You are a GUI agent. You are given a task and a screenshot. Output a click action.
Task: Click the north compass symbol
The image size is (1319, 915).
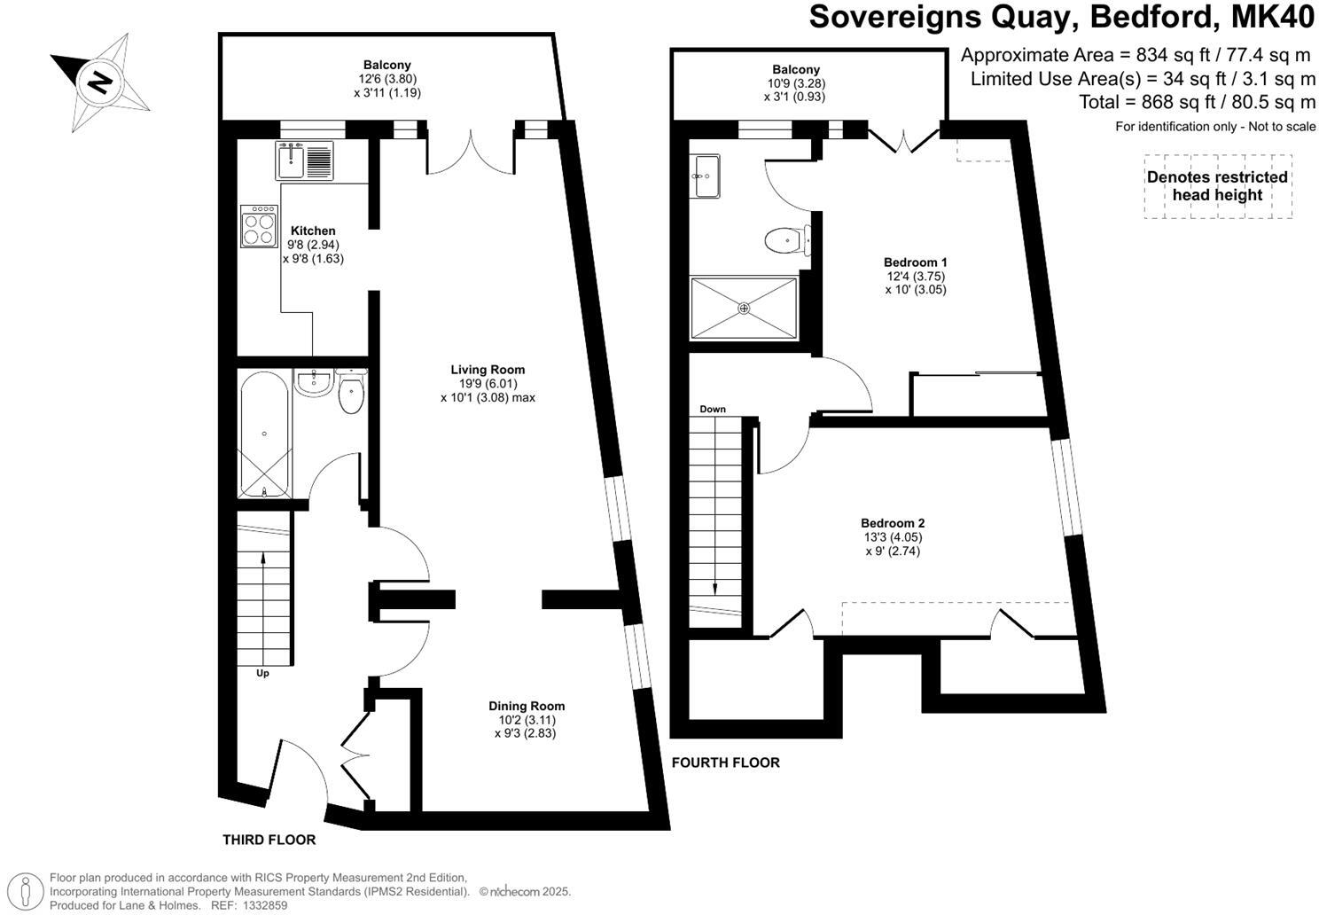[x=99, y=82]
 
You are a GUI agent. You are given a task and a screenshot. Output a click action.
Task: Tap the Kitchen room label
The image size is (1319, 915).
[x=313, y=231]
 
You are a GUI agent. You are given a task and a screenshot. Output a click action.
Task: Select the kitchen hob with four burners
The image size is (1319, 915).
[x=257, y=225]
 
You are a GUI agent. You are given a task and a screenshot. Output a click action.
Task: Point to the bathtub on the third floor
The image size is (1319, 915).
[x=264, y=434]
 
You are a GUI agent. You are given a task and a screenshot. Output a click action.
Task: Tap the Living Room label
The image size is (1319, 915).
[x=488, y=370]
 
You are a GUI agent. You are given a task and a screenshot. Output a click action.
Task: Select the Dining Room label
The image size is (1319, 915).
[x=526, y=706]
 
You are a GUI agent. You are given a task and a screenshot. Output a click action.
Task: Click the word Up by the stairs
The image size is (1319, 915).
[x=262, y=673]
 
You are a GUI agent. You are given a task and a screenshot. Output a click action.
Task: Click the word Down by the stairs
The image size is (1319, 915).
[x=713, y=409]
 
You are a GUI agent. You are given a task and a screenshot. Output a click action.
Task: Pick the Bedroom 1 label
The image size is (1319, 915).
[x=916, y=262]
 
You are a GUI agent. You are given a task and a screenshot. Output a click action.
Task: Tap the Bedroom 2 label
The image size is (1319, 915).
[x=893, y=523]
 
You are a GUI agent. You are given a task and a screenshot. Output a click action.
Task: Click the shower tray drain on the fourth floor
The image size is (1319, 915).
[x=744, y=308]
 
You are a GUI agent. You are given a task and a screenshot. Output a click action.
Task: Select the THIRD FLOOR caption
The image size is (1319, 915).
[x=269, y=840]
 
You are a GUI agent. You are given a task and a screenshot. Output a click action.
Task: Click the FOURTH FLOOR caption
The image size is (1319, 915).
[x=725, y=762]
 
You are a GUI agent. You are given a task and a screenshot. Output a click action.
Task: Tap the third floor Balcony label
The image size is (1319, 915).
[x=387, y=65]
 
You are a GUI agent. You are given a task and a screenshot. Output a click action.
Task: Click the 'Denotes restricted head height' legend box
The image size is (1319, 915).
[x=1217, y=186]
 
